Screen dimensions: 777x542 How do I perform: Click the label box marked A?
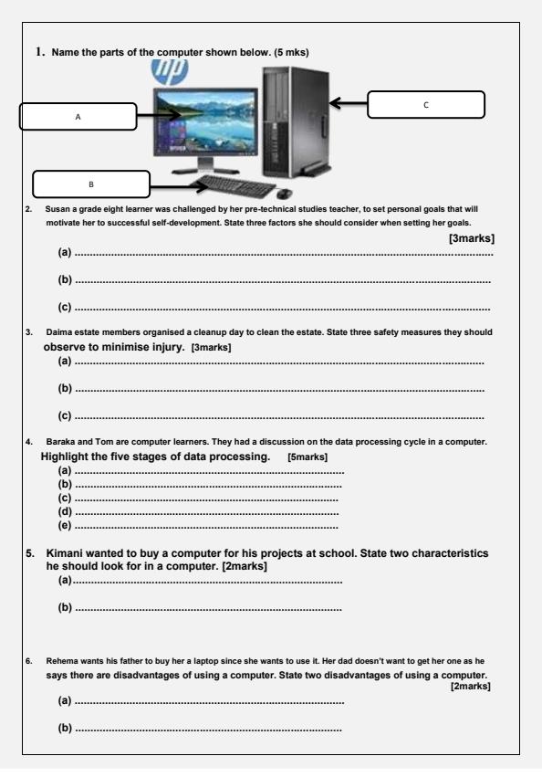(78, 116)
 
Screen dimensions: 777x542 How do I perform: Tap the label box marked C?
(425, 104)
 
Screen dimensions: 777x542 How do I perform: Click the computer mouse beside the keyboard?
(283, 193)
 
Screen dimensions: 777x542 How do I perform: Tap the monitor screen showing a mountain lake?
(209, 124)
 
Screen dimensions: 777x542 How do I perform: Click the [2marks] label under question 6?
(471, 686)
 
